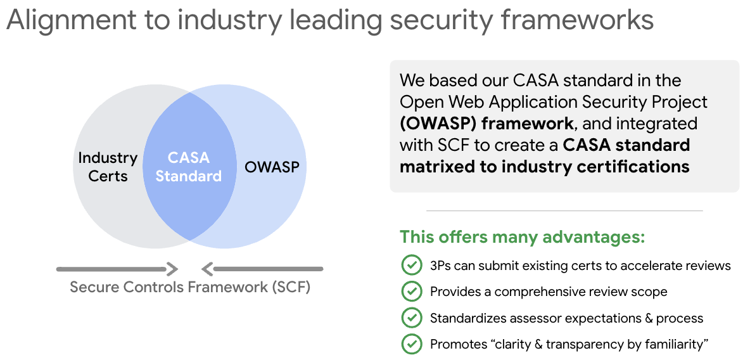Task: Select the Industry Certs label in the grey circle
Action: click(x=108, y=167)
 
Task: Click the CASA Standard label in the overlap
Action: click(x=189, y=167)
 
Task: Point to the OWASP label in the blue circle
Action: click(x=272, y=168)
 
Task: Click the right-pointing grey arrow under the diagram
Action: click(x=117, y=269)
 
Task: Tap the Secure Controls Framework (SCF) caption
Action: click(x=190, y=287)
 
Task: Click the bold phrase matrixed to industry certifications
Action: click(x=545, y=166)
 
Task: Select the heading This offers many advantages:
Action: click(x=523, y=238)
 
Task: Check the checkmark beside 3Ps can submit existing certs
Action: click(x=412, y=265)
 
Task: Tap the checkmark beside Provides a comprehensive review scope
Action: click(x=412, y=292)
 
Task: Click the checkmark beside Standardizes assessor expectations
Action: click(x=412, y=318)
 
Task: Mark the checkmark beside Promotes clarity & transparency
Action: click(x=412, y=344)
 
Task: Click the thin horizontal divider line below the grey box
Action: click(x=564, y=210)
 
